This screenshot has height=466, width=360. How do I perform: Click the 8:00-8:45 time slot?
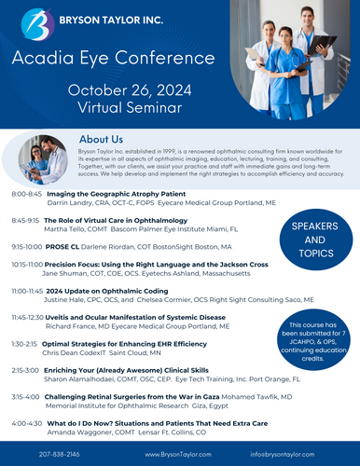[x=27, y=194]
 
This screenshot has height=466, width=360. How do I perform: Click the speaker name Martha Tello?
[x=68, y=228]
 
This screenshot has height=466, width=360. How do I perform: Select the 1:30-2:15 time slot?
[x=25, y=344]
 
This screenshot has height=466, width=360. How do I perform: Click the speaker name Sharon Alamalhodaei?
[x=88, y=378]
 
